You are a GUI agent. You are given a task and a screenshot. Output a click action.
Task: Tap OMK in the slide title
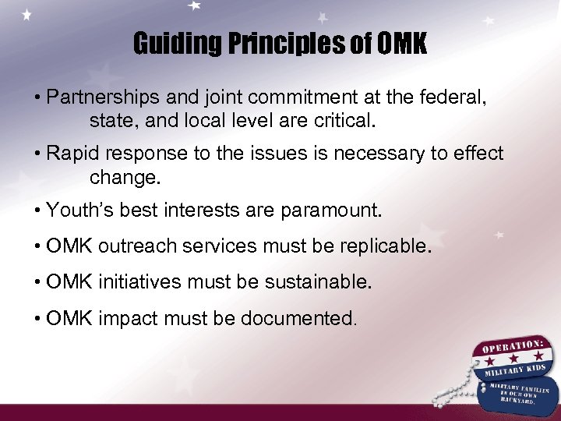tap(401, 44)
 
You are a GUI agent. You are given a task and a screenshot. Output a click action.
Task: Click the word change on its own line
tap(123, 177)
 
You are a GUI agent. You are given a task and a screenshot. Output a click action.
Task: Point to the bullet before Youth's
tap(37, 210)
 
